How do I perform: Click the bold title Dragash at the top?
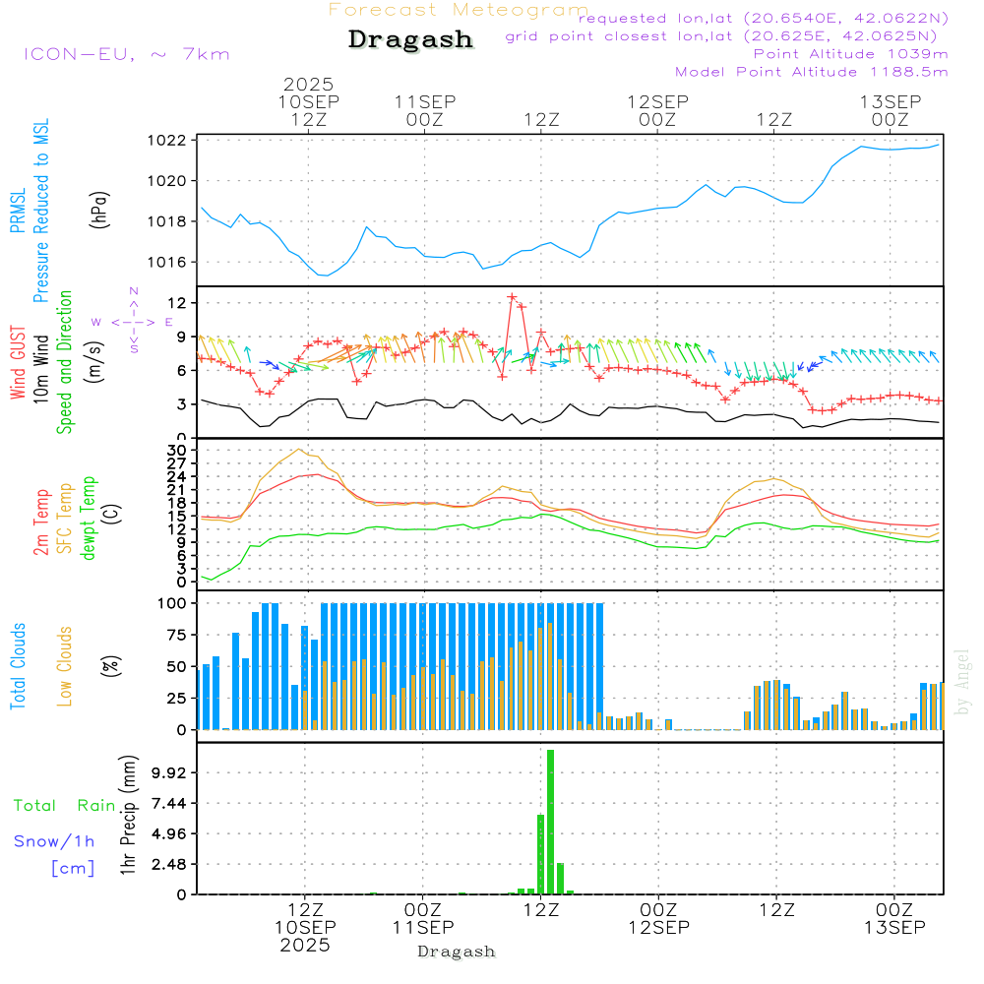410,40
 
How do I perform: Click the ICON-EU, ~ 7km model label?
126,54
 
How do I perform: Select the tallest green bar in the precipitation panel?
551,822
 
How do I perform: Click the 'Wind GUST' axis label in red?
19,363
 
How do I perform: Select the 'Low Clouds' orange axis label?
65,665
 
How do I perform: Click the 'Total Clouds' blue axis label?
19,665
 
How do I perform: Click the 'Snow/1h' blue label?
55,841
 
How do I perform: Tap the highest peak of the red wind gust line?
512,296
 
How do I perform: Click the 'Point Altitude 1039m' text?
851,53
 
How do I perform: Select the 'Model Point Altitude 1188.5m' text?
812,71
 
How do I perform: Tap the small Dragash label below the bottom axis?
457,952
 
